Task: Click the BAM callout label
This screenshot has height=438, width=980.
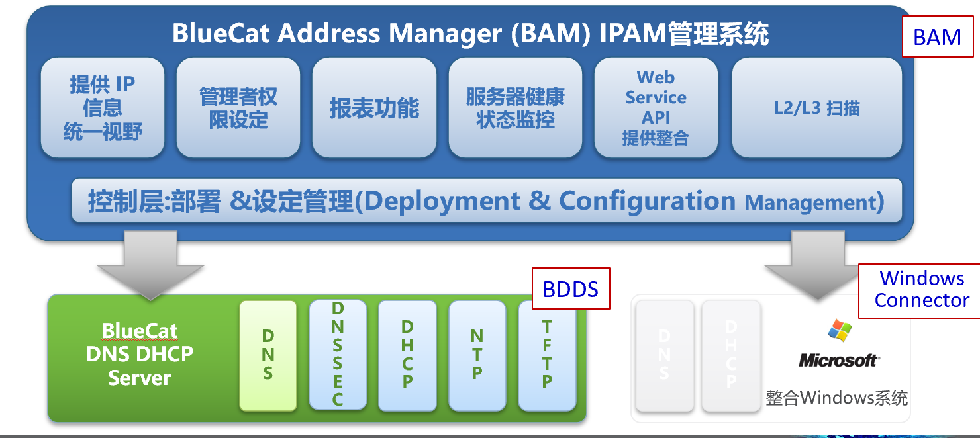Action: pos(937,38)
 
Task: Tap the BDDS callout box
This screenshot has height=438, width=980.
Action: pos(570,288)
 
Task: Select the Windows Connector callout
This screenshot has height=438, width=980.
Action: pos(921,289)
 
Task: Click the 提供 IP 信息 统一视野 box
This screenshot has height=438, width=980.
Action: pos(103,108)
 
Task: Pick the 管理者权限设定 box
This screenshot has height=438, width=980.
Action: pos(238,108)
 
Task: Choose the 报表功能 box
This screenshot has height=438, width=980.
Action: pos(374,108)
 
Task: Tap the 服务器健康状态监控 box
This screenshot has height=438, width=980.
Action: pos(515,108)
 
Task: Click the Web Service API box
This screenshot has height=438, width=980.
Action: pos(656,108)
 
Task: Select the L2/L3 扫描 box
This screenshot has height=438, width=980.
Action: pos(816,108)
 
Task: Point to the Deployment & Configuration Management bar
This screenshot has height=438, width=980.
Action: pos(487,200)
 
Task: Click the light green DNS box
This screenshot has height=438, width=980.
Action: pos(268,355)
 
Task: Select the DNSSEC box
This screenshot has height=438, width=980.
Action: pos(337,355)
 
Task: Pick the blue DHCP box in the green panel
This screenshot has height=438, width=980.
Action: pos(407,355)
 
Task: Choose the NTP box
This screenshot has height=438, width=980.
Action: pos(477,355)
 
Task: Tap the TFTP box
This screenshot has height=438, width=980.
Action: pos(547,355)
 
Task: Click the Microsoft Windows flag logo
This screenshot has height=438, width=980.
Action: pos(840,331)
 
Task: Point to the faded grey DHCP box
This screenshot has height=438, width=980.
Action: pos(730,355)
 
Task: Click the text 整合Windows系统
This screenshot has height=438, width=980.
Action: pos(837,398)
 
